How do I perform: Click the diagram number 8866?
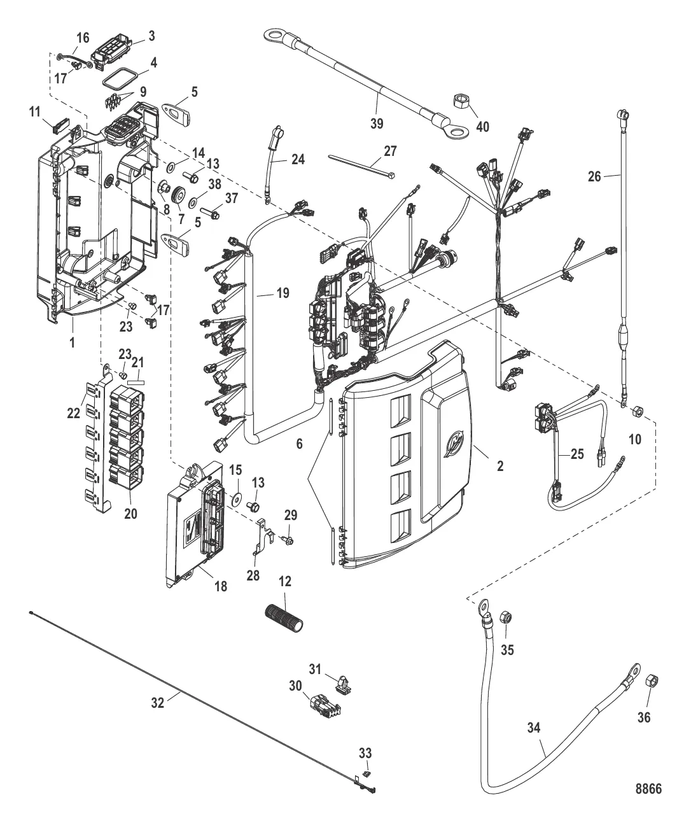(648, 789)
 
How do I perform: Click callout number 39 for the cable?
(377, 123)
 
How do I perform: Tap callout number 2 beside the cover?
(499, 466)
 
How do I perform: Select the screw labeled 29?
(288, 540)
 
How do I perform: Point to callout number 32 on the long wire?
(157, 701)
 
